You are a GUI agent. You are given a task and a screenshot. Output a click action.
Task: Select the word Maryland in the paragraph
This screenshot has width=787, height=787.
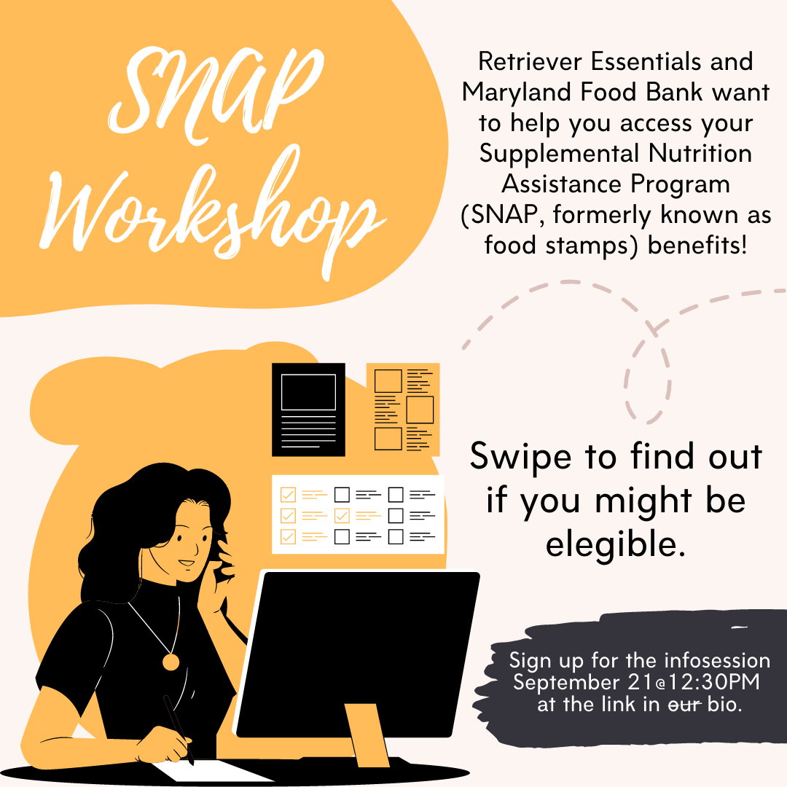click(x=517, y=93)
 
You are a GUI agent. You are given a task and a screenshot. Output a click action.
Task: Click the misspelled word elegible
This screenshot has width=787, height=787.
click(x=616, y=544)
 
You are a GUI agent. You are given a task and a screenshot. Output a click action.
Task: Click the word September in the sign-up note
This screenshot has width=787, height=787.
click(x=566, y=683)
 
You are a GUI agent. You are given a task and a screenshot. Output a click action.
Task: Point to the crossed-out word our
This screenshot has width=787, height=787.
click(x=684, y=705)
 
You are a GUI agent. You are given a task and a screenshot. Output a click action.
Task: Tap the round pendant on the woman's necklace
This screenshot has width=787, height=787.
click(x=171, y=662)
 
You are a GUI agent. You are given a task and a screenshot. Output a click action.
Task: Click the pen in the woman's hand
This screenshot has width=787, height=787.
click(x=179, y=729)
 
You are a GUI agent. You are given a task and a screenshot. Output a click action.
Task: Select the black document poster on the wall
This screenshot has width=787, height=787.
click(x=309, y=410)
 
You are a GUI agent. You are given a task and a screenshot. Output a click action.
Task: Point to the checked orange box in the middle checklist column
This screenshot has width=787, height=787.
click(x=342, y=515)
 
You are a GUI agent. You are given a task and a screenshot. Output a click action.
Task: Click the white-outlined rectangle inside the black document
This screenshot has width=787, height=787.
click(x=309, y=392)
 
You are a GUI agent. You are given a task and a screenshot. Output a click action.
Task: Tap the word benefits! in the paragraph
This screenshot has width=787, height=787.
click(x=697, y=246)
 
